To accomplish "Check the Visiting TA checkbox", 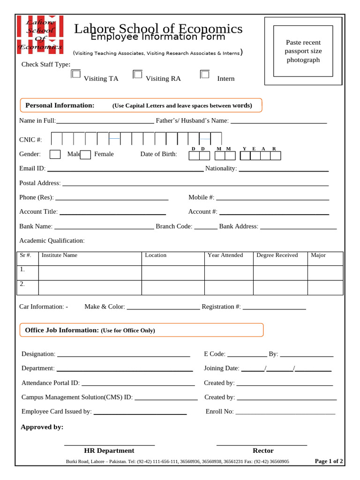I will pos(75,74).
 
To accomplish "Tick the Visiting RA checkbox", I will pos(137,74).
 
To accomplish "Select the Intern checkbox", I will pos(204,74).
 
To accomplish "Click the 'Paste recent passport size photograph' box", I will pos(303,51).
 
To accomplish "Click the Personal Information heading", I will pos(60,105).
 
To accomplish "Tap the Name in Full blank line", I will pos(105,122).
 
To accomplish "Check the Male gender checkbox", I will pos(55,154).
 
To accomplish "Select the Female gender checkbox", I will pos(85,155).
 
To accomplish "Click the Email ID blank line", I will pos(125,170).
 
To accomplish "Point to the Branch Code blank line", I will pos(206,228).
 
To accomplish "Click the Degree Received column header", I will pos(277,255).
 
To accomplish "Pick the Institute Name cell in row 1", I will pos(90,273).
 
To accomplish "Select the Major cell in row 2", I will pos(325,288).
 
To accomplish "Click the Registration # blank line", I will pos(274,308).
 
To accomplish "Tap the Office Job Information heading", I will pos(62,330).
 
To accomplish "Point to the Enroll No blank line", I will pos(285,413).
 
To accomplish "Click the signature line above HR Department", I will pos(109,444).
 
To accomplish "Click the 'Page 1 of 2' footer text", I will pos(329,461).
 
